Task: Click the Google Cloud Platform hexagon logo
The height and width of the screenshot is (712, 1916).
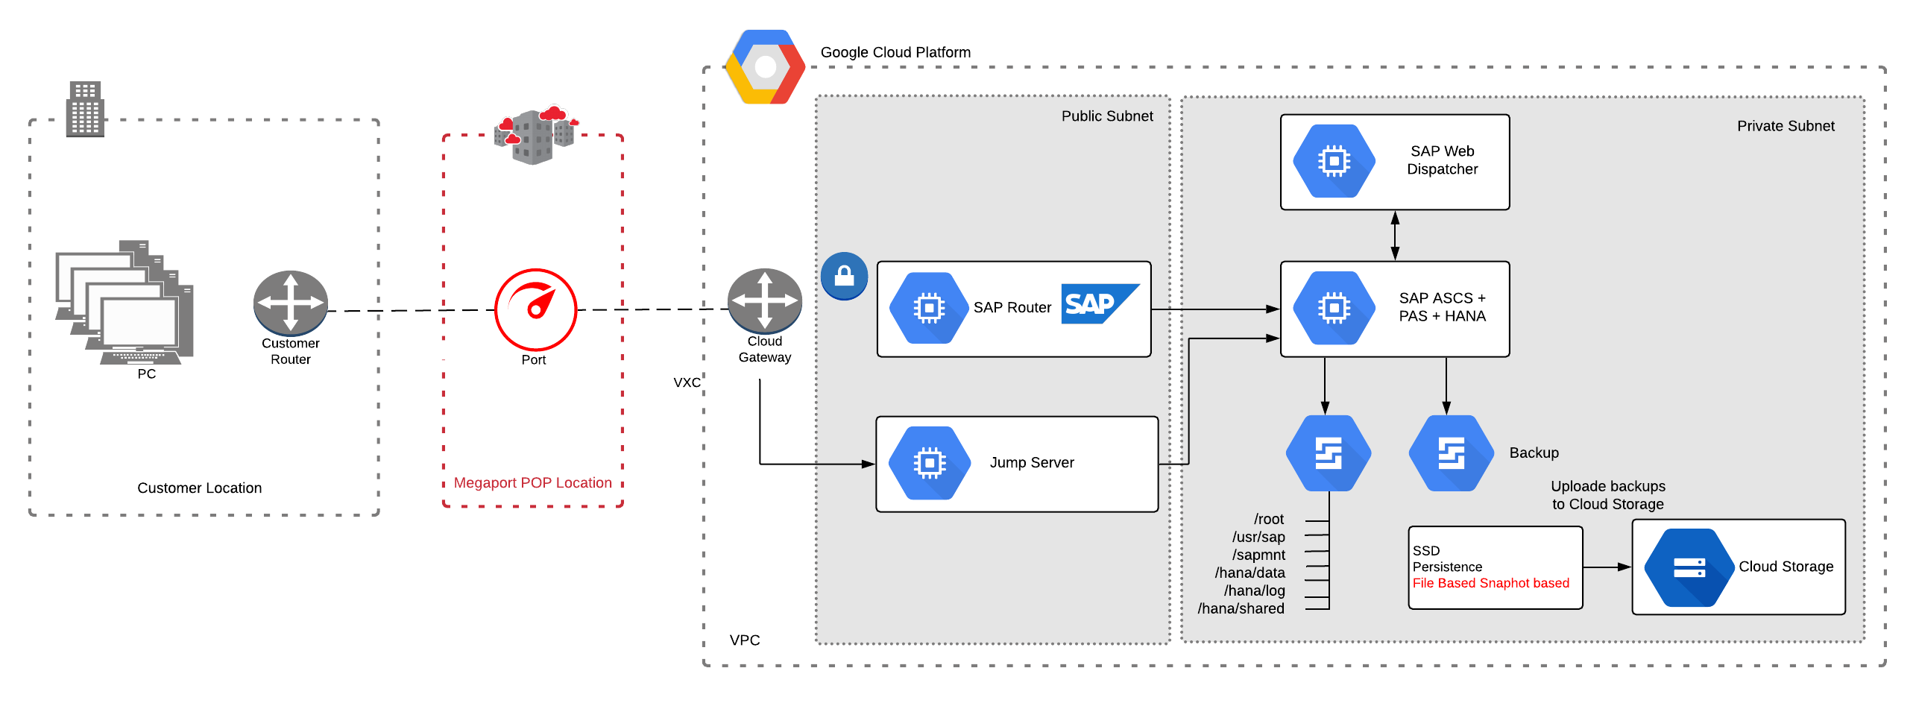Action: pyautogui.click(x=765, y=67)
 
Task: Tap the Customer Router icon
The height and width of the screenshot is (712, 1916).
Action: pyautogui.click(x=290, y=303)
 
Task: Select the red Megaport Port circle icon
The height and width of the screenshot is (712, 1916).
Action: pyautogui.click(x=535, y=309)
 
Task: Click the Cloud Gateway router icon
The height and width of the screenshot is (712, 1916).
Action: pyautogui.click(x=764, y=300)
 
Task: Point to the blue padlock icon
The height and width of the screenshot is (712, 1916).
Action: pyautogui.click(x=844, y=276)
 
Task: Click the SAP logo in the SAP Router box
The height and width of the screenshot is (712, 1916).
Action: pyautogui.click(x=1100, y=303)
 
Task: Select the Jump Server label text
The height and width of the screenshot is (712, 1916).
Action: pyautogui.click(x=1032, y=462)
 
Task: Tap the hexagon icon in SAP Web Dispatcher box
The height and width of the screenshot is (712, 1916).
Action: pyautogui.click(x=1334, y=161)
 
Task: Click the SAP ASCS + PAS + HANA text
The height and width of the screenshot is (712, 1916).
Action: pyautogui.click(x=1442, y=307)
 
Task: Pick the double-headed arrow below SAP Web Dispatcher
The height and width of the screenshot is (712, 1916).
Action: pyautogui.click(x=1395, y=236)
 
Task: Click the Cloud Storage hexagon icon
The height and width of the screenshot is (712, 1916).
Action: pyautogui.click(x=1689, y=568)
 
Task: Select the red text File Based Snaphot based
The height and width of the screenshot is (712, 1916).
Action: pyautogui.click(x=1490, y=583)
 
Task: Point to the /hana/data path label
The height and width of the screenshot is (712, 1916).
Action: pyautogui.click(x=1250, y=573)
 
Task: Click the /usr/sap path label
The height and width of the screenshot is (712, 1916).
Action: pyautogui.click(x=1258, y=537)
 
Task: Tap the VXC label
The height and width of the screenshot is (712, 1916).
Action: pyautogui.click(x=687, y=382)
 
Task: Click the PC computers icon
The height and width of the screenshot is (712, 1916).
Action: pyautogui.click(x=125, y=302)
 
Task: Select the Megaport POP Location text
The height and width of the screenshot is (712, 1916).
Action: pyautogui.click(x=532, y=483)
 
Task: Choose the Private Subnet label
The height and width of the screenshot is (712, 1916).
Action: pyautogui.click(x=1786, y=126)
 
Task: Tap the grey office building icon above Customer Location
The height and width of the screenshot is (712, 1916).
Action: pyautogui.click(x=85, y=109)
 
